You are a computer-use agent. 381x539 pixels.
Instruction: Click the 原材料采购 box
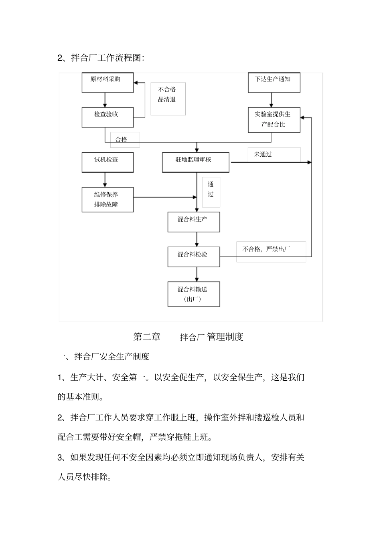pyautogui.click(x=107, y=83)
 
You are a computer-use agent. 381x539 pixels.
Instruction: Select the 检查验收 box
pyautogui.click(x=107, y=117)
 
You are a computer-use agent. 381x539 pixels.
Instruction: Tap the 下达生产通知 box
pyautogui.click(x=274, y=83)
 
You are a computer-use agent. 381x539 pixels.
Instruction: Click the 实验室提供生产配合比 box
pyautogui.click(x=274, y=119)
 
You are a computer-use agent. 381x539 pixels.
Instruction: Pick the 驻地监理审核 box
pyautogui.click(x=195, y=162)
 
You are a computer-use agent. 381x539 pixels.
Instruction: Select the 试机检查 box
pyautogui.click(x=107, y=162)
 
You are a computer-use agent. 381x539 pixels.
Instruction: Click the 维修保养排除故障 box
pyautogui.click(x=107, y=200)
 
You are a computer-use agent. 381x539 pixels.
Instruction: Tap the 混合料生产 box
pyautogui.click(x=193, y=222)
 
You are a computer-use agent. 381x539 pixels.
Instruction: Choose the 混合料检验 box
pyautogui.click(x=193, y=257)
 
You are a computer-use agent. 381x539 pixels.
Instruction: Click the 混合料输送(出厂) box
pyautogui.click(x=193, y=294)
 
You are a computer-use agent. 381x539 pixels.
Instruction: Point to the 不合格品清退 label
pyautogui.click(x=167, y=95)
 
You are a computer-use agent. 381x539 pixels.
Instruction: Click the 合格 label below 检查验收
pyautogui.click(x=122, y=139)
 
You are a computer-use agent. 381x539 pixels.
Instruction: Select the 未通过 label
pyautogui.click(x=263, y=154)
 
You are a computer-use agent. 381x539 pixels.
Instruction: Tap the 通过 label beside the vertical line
pyautogui.click(x=211, y=190)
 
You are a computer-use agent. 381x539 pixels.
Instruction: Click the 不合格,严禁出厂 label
pyautogui.click(x=267, y=249)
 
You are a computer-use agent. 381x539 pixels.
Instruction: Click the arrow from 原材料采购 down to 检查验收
pyautogui.click(x=105, y=100)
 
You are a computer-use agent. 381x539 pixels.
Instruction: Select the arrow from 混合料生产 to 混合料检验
pyautogui.click(x=197, y=239)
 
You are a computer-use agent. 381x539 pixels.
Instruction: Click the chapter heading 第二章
pyautogui.click(x=147, y=337)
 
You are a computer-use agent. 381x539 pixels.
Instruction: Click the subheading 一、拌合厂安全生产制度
pyautogui.click(x=103, y=356)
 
